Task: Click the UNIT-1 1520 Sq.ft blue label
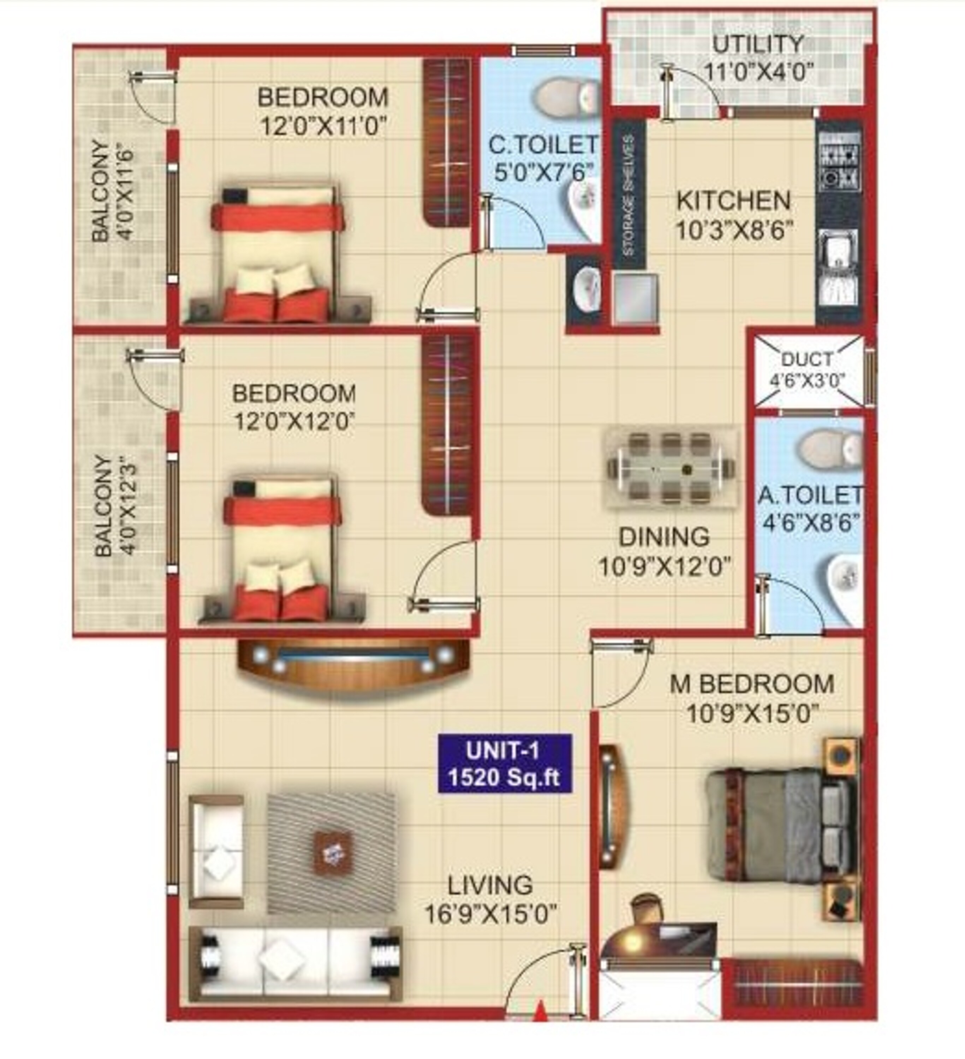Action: (x=504, y=763)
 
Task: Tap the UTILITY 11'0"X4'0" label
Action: (x=758, y=57)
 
